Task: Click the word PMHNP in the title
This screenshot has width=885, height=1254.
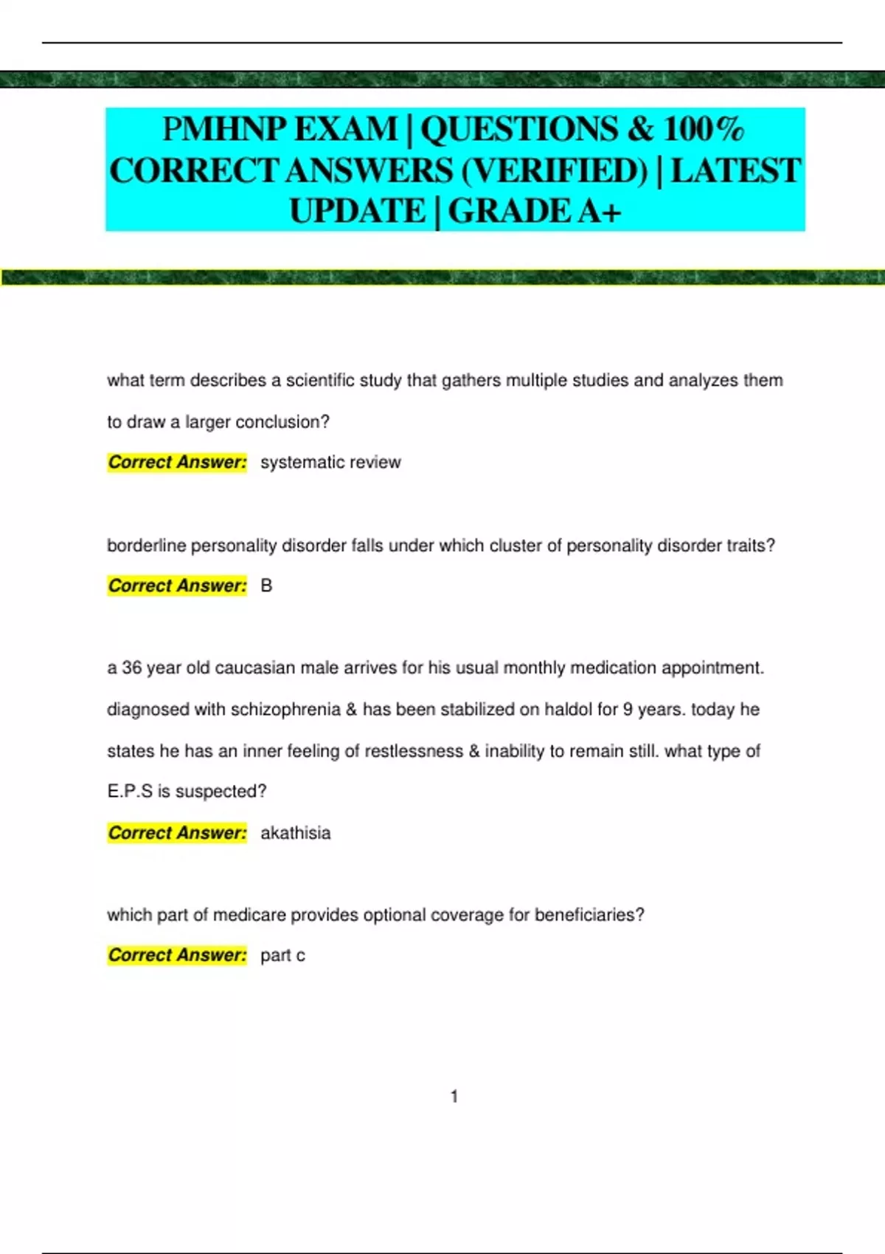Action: (223, 130)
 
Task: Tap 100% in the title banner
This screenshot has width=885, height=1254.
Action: (703, 130)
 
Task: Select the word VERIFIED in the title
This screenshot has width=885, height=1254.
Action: (555, 171)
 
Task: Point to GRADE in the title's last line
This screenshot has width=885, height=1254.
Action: (510, 212)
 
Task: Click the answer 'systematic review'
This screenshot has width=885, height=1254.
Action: (330, 463)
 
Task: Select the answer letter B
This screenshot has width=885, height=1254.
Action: (266, 586)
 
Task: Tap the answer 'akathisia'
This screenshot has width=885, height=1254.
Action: (295, 833)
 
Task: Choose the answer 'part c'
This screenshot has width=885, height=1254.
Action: (282, 955)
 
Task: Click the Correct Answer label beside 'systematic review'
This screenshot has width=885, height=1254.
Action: (177, 463)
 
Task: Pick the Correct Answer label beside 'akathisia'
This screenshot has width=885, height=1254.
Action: (177, 833)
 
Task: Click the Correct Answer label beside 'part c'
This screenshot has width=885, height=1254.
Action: (177, 955)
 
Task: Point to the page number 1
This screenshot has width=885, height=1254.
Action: (454, 1097)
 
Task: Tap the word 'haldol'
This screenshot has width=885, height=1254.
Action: (568, 710)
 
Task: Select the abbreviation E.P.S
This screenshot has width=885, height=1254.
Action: (129, 791)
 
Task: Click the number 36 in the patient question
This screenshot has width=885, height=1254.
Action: (131, 668)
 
